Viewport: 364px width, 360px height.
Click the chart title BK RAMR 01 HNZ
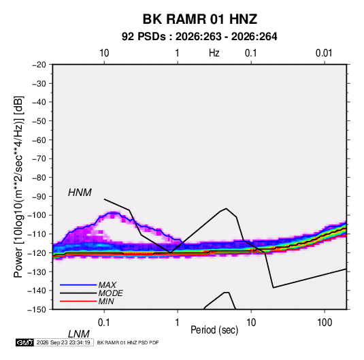200,19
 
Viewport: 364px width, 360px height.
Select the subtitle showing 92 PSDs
199,37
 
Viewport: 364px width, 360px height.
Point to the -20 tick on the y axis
39,65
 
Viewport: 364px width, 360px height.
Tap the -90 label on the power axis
39,197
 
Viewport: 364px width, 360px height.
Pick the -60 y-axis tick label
39,140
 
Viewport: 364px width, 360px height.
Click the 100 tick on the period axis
325,323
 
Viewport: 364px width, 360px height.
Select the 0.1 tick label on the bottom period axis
104,323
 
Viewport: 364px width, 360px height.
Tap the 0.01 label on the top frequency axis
324,53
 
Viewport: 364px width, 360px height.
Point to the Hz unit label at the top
214,53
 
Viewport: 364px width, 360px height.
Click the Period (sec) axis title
214,330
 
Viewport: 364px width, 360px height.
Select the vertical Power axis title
18,187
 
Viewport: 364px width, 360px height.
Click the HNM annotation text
80,193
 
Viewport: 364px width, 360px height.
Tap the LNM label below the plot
79,334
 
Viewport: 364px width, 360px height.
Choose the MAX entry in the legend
107,284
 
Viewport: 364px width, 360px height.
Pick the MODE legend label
110,293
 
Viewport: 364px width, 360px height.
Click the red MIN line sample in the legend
78,301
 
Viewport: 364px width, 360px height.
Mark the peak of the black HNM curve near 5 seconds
227,208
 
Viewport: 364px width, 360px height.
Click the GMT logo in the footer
24,342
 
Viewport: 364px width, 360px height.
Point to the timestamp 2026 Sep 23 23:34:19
63,342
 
